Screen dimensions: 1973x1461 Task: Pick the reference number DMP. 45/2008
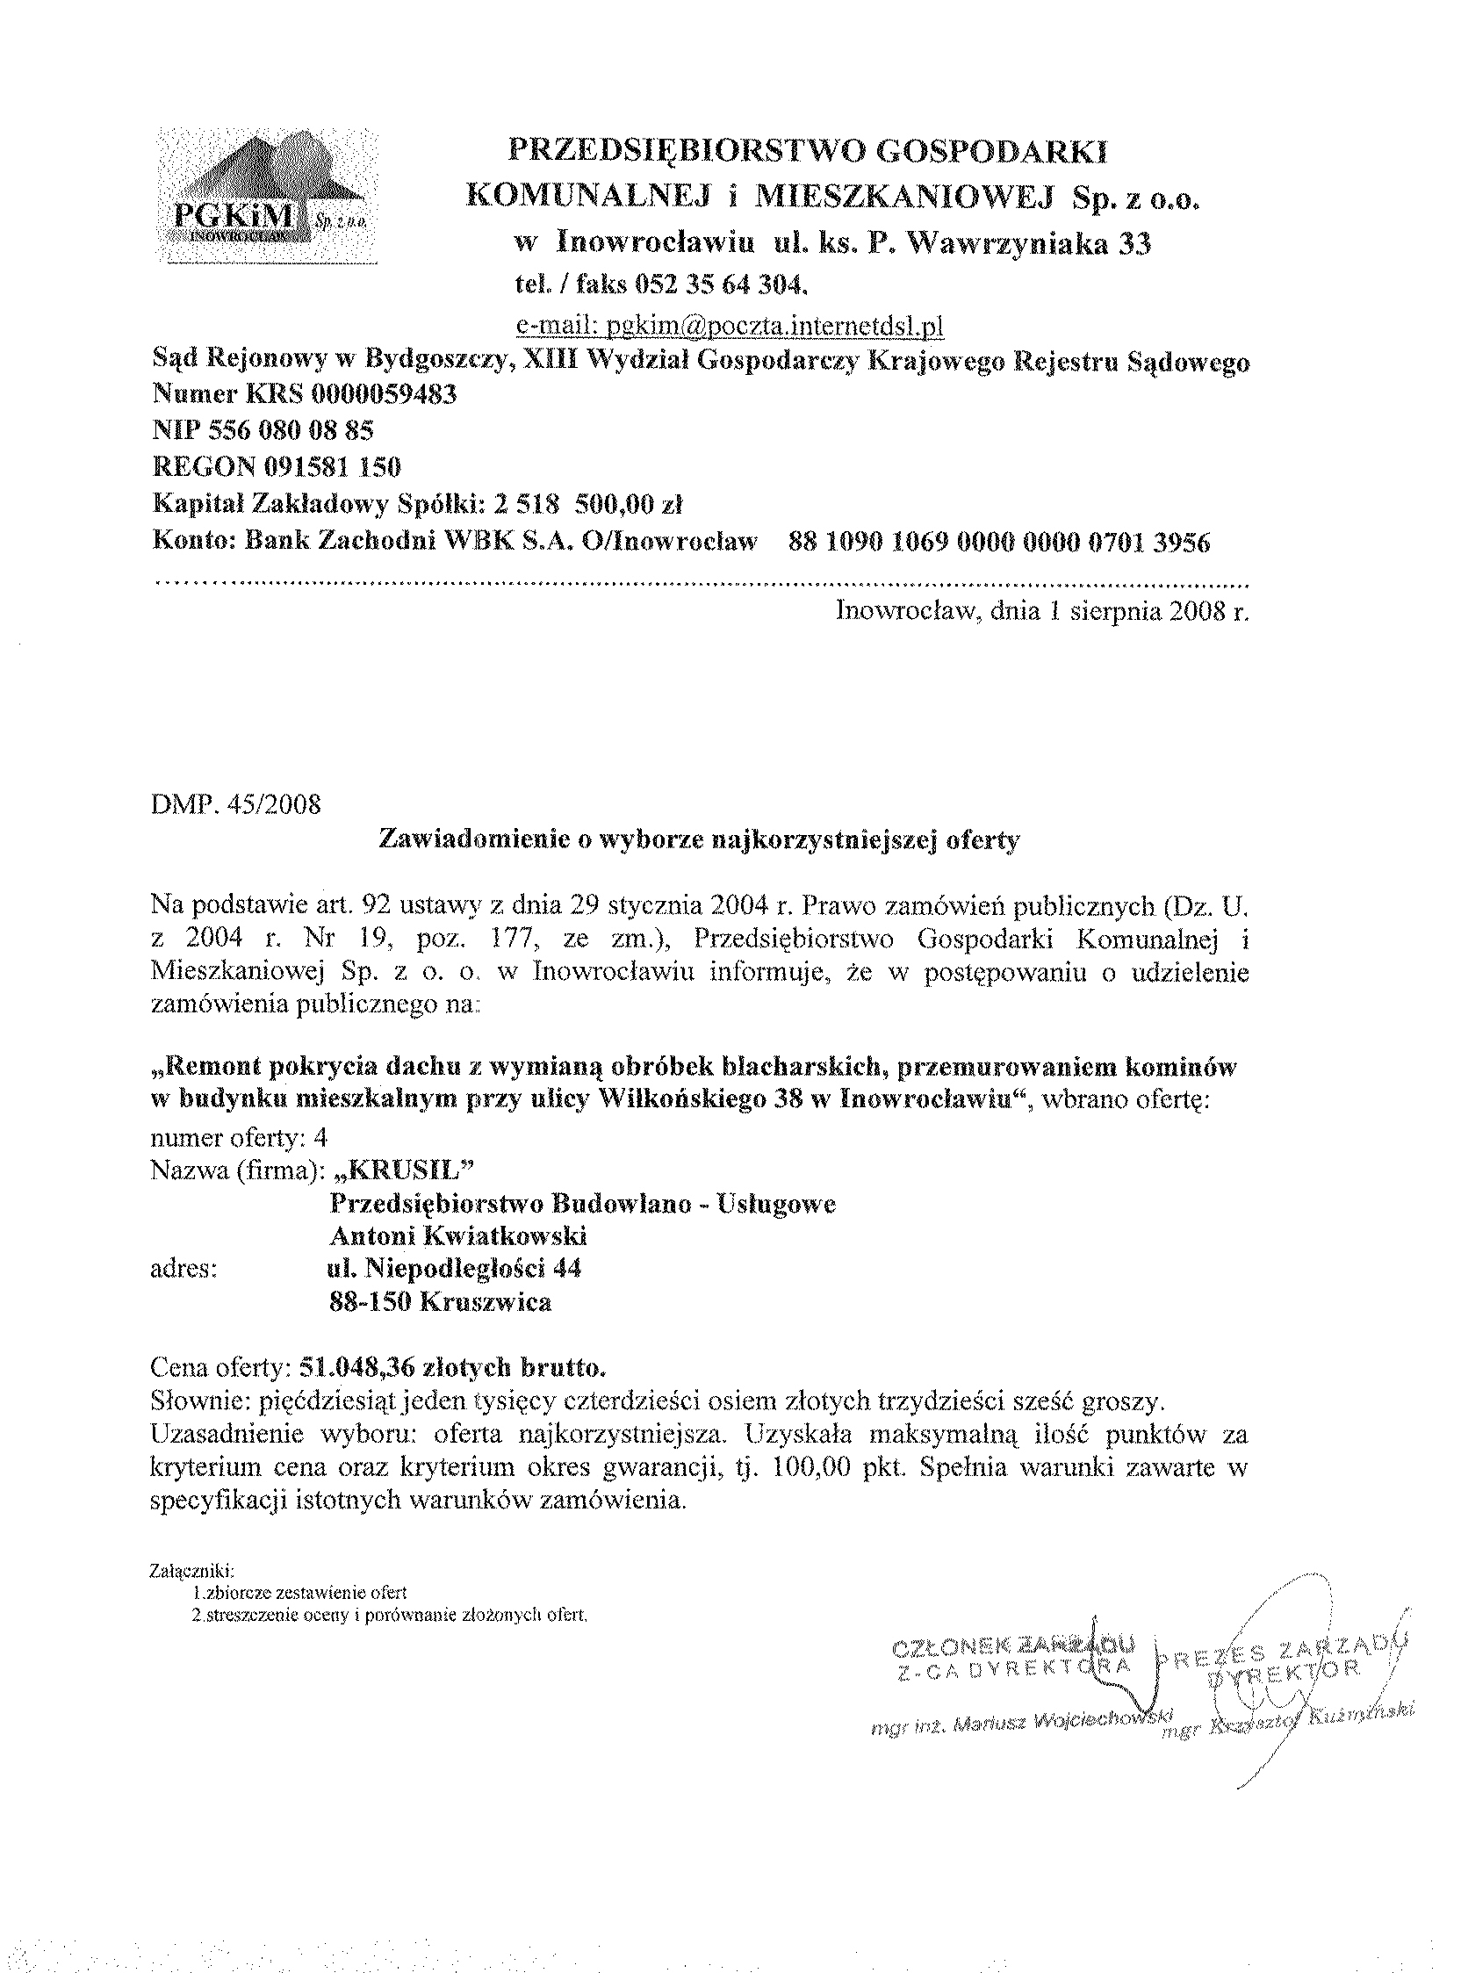click(x=236, y=806)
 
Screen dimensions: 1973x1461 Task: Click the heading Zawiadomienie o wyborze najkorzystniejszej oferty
click(x=699, y=840)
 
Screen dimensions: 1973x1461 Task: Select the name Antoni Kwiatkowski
click(x=458, y=1235)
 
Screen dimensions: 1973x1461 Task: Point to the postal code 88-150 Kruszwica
click(x=440, y=1302)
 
